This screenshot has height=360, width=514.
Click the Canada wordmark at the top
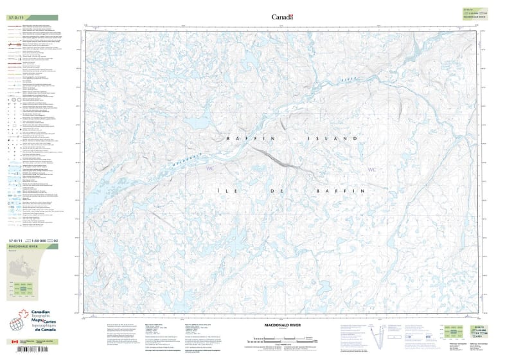282,17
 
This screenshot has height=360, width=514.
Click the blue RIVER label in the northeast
348,78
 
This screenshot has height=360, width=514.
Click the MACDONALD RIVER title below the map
278,325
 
